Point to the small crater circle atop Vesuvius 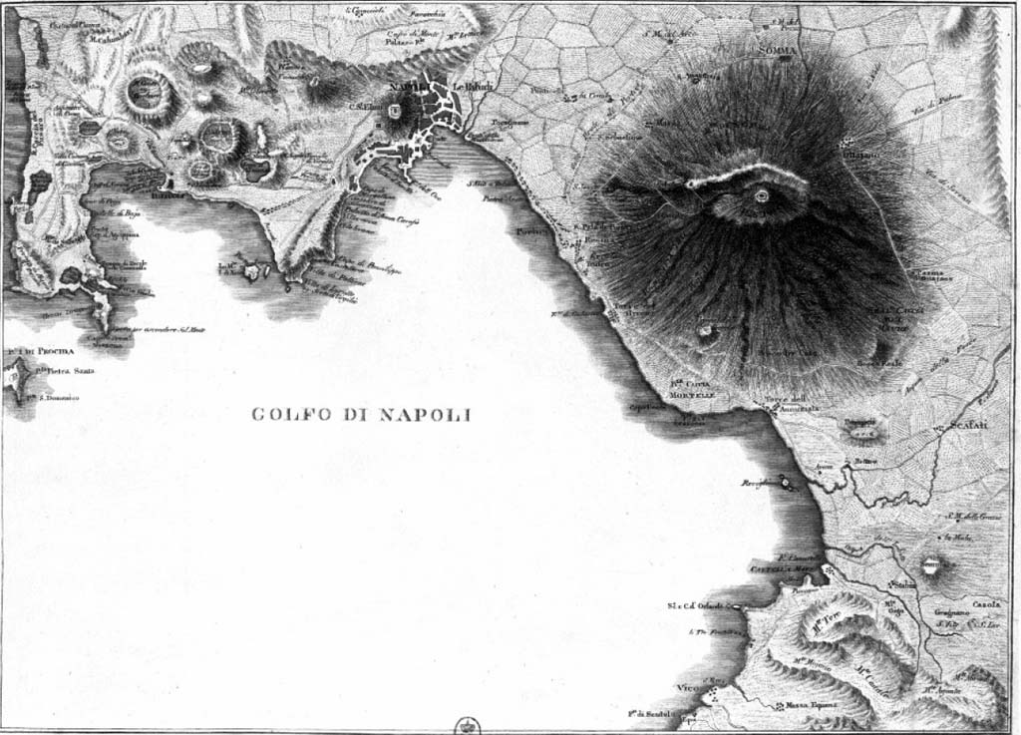pyautogui.click(x=762, y=195)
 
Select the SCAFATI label pyautogui.click(x=966, y=425)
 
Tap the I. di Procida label pyautogui.click(x=29, y=352)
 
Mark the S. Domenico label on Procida pyautogui.click(x=55, y=398)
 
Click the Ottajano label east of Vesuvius pyautogui.click(x=860, y=156)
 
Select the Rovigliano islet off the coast pyautogui.click(x=787, y=483)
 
